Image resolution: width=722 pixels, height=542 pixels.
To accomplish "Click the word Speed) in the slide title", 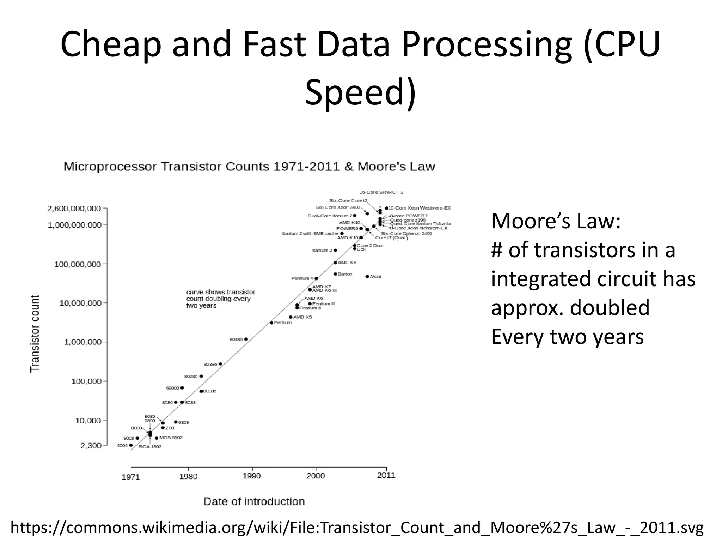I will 360,92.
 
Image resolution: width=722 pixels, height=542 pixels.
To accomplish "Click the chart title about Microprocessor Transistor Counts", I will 249,167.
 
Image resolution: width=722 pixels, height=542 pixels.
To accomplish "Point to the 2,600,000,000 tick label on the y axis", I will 74,209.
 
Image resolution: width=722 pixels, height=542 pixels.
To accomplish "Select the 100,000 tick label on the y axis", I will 86,381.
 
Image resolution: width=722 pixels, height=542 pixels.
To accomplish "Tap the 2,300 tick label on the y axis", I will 91,446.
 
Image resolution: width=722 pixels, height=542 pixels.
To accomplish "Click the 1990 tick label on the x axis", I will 252,476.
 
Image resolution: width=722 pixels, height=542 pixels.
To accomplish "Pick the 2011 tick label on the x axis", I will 386,475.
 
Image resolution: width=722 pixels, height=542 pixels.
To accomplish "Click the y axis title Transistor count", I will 35,333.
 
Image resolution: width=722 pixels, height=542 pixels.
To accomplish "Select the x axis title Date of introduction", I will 254,501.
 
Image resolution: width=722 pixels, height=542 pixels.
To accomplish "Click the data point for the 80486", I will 246,339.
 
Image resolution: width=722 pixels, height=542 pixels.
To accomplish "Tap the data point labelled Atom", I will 367,276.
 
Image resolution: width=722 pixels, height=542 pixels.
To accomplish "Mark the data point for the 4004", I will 131,445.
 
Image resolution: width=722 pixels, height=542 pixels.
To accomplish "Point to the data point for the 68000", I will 182,387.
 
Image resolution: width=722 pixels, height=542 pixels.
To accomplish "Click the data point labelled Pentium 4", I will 316,278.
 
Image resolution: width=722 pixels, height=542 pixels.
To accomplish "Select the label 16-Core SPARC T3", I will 381,192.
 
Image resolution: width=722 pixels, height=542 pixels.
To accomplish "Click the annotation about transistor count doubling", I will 220,299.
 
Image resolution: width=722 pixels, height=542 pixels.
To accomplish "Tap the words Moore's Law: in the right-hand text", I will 556,221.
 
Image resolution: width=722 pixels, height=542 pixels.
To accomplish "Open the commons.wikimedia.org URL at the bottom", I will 357,528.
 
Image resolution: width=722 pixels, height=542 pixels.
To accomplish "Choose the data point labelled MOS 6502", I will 157,438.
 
